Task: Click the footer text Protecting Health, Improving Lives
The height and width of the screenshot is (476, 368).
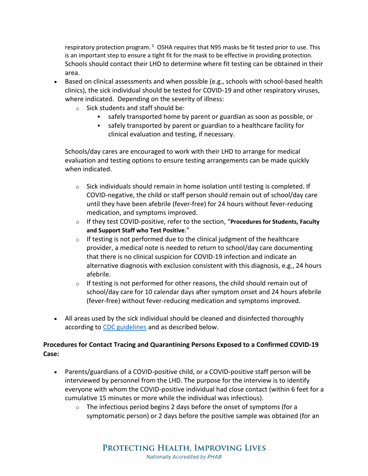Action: pos(184,448)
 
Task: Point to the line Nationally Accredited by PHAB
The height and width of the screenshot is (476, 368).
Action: pos(184,457)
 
